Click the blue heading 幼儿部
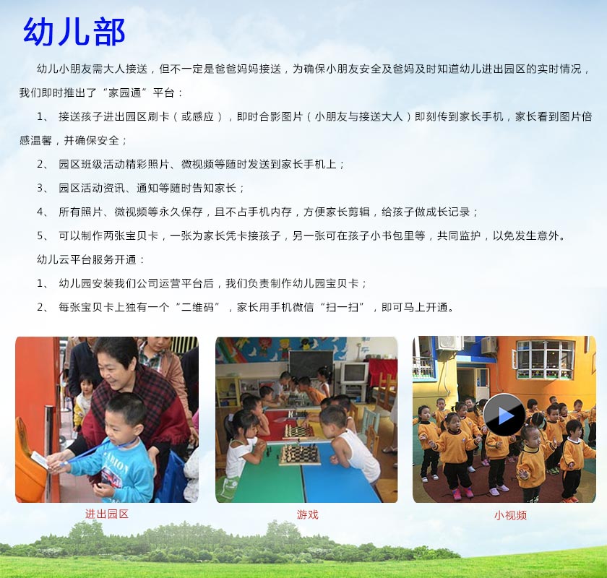click(x=74, y=31)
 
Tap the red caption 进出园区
click(x=106, y=514)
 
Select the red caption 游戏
click(x=307, y=514)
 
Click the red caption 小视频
click(x=510, y=515)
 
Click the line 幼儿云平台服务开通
click(x=86, y=259)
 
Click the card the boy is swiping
click(x=40, y=460)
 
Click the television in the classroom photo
click(x=354, y=373)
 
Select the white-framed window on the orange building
click(x=545, y=360)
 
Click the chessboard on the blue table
click(x=299, y=455)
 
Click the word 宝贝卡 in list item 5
click(x=142, y=236)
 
